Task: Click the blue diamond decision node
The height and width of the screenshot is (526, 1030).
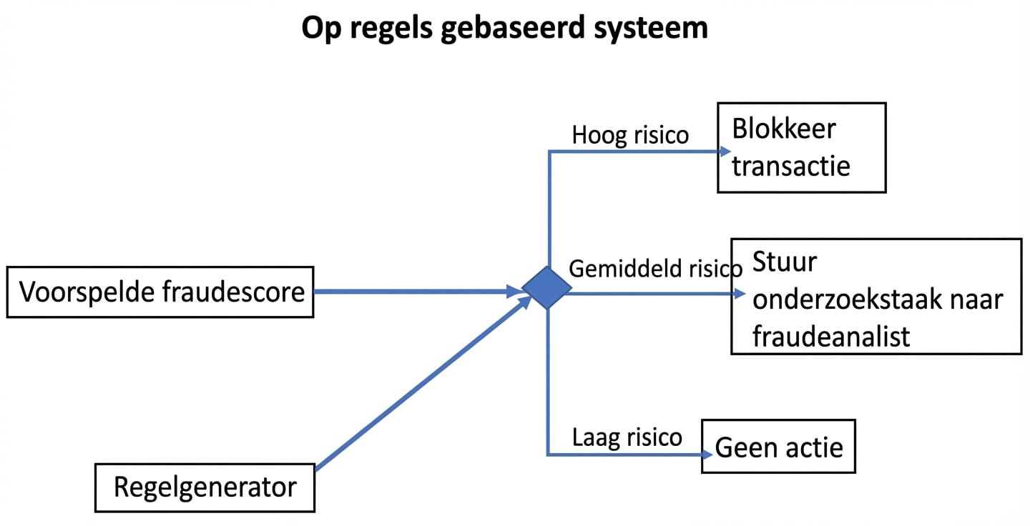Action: [547, 288]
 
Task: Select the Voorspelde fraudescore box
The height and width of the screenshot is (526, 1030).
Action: [160, 292]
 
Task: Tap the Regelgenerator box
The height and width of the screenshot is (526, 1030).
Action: [205, 487]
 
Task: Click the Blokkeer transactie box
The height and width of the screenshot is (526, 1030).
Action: [801, 148]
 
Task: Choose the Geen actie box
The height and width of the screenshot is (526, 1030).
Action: [778, 447]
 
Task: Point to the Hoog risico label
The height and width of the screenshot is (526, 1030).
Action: [630, 135]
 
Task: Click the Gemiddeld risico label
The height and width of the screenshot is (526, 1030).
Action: [655, 269]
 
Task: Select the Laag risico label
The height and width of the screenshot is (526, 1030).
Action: [627, 437]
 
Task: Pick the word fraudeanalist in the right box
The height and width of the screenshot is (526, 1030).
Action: [831, 336]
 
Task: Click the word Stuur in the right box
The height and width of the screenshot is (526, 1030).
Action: [784, 262]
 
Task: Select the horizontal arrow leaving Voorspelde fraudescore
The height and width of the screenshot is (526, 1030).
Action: [415, 292]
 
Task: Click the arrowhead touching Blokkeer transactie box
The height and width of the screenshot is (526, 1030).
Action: [724, 152]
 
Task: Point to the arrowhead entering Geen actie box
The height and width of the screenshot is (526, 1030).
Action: [708, 455]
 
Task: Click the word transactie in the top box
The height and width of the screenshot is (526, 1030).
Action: [791, 166]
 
